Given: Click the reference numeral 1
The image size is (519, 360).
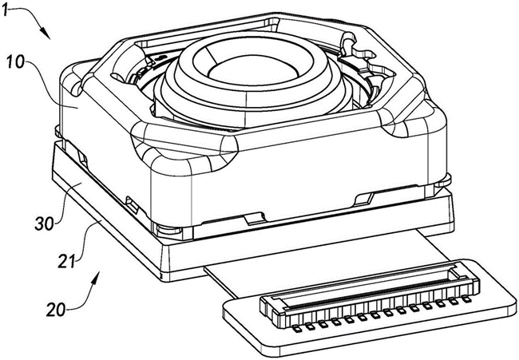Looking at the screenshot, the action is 5,10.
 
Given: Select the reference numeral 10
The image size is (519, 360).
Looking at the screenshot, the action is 15,62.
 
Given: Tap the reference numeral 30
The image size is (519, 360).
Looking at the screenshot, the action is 44,224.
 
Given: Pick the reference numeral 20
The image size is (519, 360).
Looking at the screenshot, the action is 56,310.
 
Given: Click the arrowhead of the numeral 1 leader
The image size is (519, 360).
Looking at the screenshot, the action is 46,34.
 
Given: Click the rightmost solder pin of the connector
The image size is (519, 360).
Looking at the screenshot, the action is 467,300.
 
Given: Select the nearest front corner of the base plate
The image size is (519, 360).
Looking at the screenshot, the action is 162,277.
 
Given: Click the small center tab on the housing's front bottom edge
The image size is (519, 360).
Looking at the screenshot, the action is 255,219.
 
